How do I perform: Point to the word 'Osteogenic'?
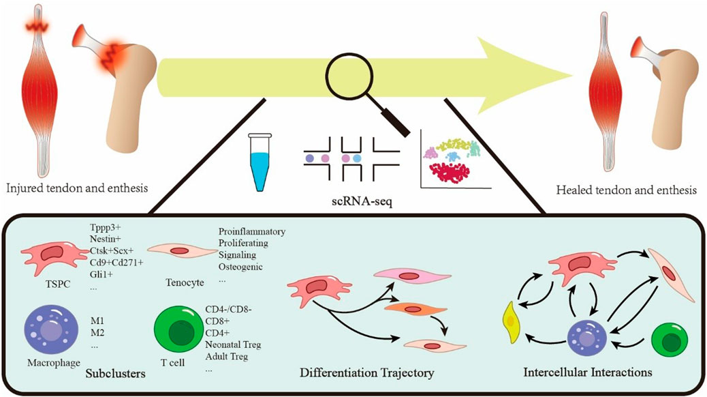(x=240, y=267)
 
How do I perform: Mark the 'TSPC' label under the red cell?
(x=54, y=280)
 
